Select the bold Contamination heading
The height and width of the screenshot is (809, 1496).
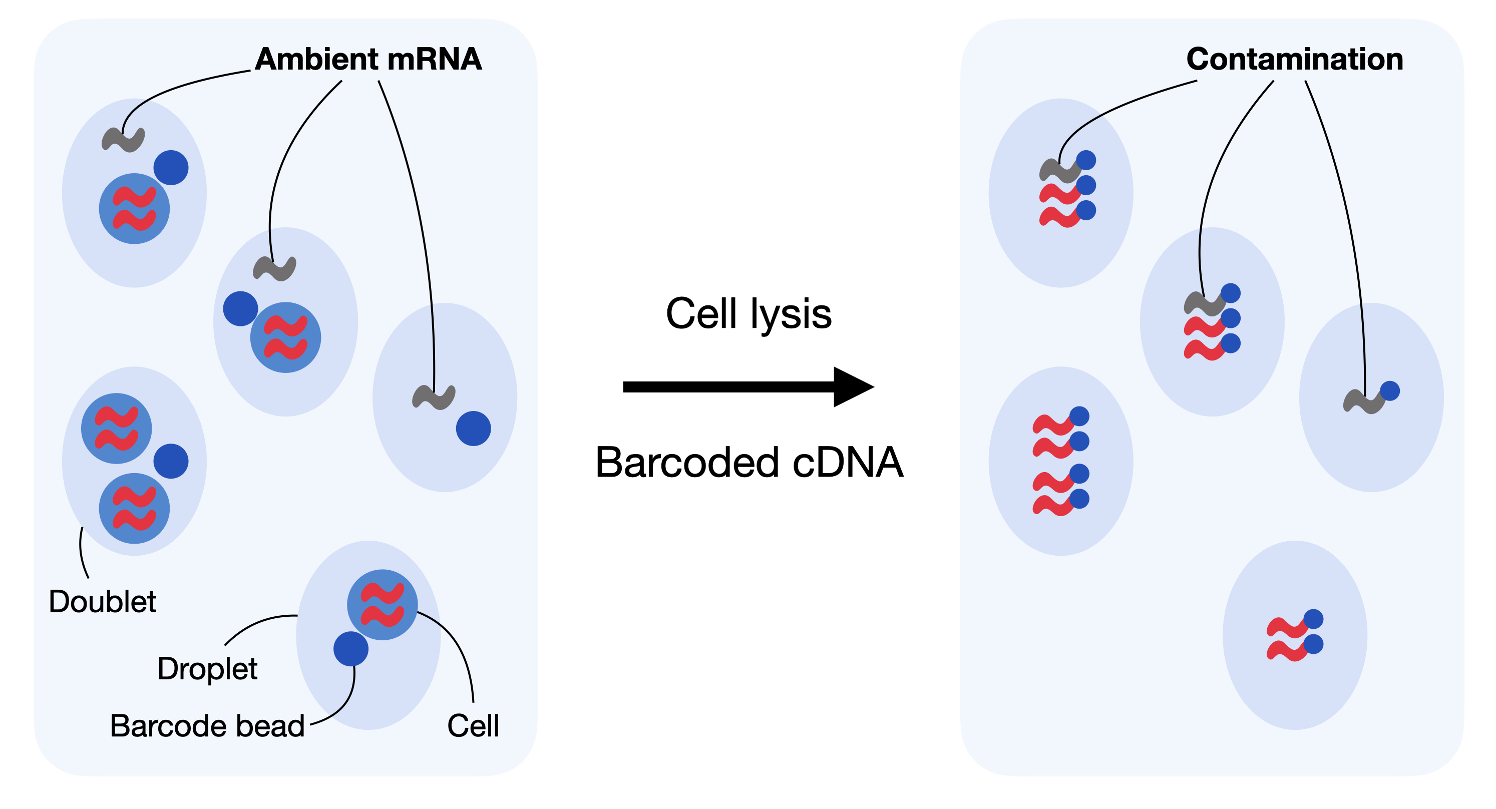click(1295, 59)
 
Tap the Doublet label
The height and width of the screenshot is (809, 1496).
click(102, 601)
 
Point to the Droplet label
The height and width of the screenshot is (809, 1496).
click(207, 669)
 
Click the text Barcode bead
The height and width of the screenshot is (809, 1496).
click(207, 726)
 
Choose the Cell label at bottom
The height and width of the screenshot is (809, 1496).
click(473, 726)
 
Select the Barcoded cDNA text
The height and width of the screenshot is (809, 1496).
click(749, 463)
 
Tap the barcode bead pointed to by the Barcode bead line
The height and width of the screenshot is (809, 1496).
click(351, 649)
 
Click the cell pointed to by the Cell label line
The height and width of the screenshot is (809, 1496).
click(382, 605)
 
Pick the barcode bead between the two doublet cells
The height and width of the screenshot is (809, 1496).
click(171, 461)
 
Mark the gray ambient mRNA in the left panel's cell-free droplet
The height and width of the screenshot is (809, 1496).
click(434, 397)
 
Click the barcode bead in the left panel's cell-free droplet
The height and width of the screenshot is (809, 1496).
click(473, 429)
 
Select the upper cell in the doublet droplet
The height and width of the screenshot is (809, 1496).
click(116, 429)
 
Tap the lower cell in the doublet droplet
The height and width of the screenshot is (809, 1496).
click(134, 508)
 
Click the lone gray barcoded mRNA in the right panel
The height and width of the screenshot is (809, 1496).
click(1365, 402)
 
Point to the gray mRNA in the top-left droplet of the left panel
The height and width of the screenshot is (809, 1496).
click(123, 140)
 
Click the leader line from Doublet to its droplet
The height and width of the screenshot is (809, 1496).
click(83, 552)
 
